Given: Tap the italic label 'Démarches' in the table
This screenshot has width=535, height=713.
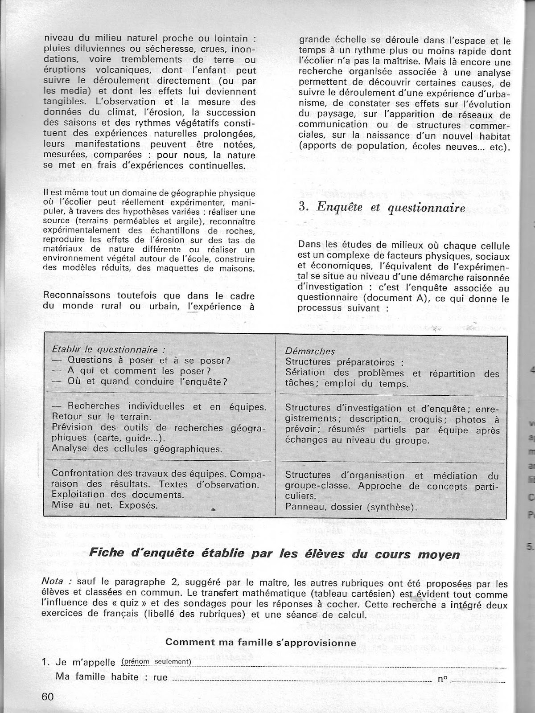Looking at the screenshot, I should tap(310, 351).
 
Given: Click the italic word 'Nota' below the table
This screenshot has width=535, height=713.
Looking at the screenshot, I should tap(58, 583).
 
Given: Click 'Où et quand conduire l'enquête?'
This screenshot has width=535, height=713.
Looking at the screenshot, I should tap(147, 381).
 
